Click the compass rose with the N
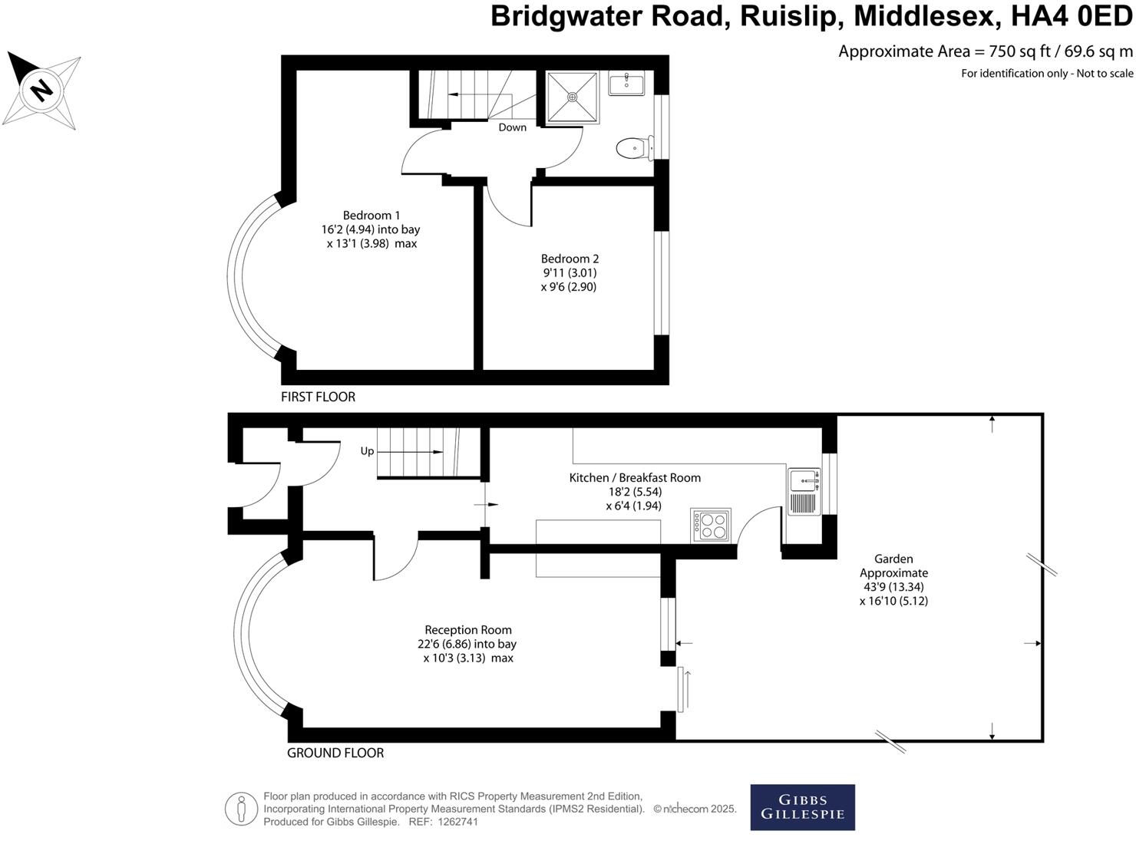[42, 91]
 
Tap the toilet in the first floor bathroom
[634, 147]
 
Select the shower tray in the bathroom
[572, 97]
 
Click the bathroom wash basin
[626, 83]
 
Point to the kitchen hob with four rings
[711, 525]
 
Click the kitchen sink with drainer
[804, 491]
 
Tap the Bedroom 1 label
[371, 216]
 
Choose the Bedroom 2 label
[570, 259]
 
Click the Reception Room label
[468, 630]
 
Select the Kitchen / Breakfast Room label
[635, 477]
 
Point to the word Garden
[893, 559]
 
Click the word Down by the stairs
[512, 127]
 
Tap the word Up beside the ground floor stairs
[367, 451]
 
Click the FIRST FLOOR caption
[318, 397]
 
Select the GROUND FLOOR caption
[335, 753]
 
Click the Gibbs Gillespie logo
[802, 806]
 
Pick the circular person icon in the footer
[241, 808]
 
